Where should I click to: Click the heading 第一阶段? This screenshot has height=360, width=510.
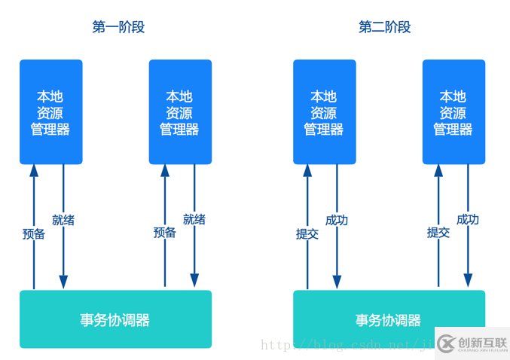(x=118, y=27)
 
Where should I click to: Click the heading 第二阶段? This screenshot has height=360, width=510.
(x=385, y=27)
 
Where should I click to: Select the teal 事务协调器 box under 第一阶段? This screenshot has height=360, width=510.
(x=115, y=319)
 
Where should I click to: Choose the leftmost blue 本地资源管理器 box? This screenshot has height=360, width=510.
(x=50, y=112)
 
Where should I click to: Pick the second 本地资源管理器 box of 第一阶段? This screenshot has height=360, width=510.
(x=179, y=112)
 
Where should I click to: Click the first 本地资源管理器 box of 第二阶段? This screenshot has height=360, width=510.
(x=324, y=112)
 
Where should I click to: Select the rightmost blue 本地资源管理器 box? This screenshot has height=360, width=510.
(x=453, y=112)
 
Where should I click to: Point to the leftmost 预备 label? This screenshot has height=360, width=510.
(x=34, y=233)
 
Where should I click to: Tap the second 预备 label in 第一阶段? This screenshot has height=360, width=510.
(x=164, y=233)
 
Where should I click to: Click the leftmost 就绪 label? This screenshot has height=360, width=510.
(x=63, y=220)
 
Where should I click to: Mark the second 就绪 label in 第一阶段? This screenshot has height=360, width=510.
(x=194, y=219)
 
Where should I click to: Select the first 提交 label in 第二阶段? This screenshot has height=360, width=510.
(x=307, y=233)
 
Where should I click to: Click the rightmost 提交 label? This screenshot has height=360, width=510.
(x=438, y=233)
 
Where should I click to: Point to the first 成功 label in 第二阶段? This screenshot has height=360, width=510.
(x=337, y=220)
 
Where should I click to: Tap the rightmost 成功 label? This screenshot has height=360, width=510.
(x=468, y=219)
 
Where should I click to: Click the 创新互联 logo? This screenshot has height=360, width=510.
(x=472, y=343)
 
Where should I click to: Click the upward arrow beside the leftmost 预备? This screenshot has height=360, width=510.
(x=34, y=196)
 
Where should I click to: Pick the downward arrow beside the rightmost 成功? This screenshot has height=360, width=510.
(x=468, y=256)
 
